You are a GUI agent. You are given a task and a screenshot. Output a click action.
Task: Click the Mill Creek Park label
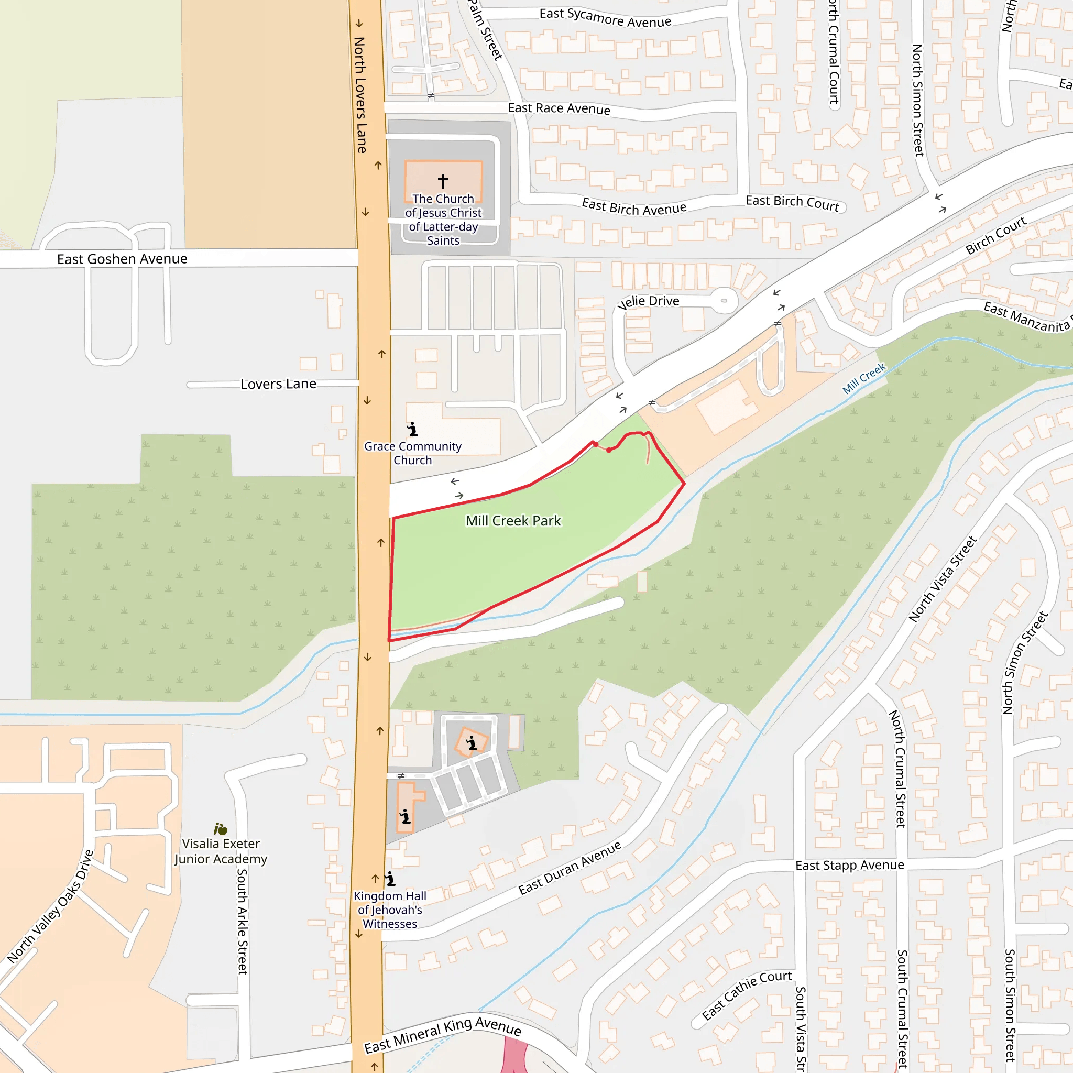[x=513, y=521]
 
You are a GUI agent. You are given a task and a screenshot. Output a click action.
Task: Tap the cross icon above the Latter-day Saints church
[x=443, y=181]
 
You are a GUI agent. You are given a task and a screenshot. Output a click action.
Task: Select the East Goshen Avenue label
[x=122, y=259]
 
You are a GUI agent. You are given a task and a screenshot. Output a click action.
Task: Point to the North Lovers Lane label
[x=360, y=94]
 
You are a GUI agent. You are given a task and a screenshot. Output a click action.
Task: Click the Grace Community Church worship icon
[x=412, y=429]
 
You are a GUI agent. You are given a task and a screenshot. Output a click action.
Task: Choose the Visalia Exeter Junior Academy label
[x=221, y=851]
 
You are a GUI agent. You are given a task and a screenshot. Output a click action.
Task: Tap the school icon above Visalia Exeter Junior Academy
[x=221, y=829]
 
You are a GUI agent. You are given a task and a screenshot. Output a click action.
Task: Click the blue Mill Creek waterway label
[x=863, y=379]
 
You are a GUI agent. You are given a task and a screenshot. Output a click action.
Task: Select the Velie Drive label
[x=648, y=302]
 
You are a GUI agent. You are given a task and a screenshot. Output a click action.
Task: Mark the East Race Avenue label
[x=559, y=108]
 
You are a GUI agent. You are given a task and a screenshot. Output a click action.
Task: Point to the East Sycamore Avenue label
[x=605, y=18]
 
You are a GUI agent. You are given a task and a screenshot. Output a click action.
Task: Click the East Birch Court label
[x=792, y=203]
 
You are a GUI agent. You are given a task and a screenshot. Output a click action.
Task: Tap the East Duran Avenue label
[x=570, y=868]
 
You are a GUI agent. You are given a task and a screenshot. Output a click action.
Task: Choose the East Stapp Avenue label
[x=849, y=866]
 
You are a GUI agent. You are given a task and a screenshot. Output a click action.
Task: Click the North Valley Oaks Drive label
[x=50, y=906]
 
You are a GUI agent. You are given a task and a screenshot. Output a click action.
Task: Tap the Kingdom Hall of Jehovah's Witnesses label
[x=390, y=910]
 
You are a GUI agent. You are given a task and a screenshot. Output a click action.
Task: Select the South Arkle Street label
[x=242, y=922]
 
